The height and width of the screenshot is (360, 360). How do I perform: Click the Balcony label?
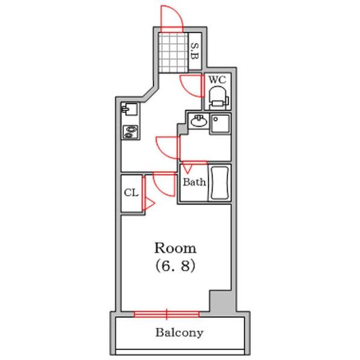[x=179, y=332]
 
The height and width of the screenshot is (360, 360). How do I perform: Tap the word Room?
[x=175, y=248]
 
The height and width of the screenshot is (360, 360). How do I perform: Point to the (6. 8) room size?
[x=176, y=266]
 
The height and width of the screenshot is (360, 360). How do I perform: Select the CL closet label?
[x=131, y=193]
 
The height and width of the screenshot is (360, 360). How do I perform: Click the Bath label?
[x=194, y=182]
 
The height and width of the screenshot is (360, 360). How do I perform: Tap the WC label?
[x=217, y=80]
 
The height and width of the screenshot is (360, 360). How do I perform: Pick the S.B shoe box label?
[x=194, y=51]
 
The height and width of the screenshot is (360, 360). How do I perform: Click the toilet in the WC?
[x=218, y=98]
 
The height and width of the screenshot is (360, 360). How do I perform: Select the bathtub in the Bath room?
[x=220, y=183]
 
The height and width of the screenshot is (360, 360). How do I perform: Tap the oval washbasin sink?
[x=199, y=121]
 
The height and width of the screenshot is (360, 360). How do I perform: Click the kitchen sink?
[x=130, y=109]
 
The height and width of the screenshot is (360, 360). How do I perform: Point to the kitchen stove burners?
[x=130, y=132]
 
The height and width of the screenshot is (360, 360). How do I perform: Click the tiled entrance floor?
[x=173, y=53]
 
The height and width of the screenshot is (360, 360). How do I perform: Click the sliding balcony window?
[x=167, y=314]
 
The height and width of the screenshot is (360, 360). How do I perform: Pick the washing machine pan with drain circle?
[x=220, y=124]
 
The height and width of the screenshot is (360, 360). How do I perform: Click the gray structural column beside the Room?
[x=221, y=301]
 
